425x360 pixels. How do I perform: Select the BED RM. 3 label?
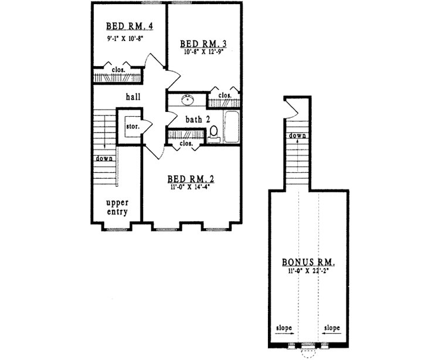click(203, 43)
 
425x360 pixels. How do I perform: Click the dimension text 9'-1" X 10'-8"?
click(126, 39)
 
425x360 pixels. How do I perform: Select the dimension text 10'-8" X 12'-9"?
click(203, 52)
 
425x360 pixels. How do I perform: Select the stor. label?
click(131, 125)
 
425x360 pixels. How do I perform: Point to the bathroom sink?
click(188, 100)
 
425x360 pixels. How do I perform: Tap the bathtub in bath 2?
click(230, 127)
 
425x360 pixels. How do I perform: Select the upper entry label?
click(117, 207)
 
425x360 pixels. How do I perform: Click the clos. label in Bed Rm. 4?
click(119, 70)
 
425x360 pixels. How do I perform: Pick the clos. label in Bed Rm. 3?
click(225, 95)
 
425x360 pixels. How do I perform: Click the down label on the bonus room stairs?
click(297, 136)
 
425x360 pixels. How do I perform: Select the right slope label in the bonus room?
click(331, 327)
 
